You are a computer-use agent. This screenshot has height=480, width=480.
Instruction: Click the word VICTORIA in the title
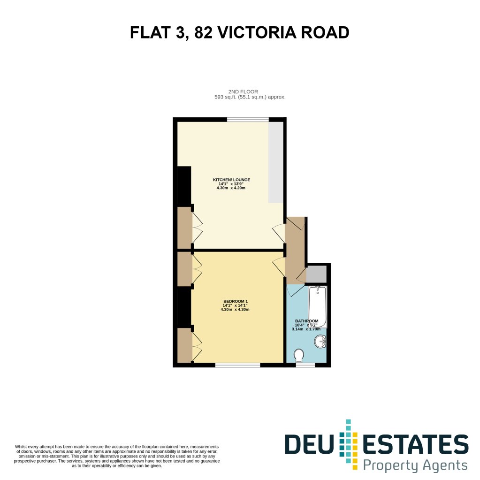point(257,32)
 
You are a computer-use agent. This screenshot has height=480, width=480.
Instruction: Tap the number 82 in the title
point(203,32)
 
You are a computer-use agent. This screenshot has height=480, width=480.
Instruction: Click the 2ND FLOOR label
point(243,91)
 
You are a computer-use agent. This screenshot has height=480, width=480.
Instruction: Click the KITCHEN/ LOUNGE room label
point(231,180)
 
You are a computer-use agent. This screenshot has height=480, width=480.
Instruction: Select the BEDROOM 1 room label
point(236,302)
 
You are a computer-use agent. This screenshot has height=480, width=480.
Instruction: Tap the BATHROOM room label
point(306,321)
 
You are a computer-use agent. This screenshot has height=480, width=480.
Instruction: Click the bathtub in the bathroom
point(318,307)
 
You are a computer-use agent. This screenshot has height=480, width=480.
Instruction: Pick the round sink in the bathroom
point(320,342)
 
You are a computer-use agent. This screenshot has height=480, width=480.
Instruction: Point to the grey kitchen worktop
point(276,162)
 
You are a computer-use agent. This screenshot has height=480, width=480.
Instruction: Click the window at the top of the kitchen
point(248,119)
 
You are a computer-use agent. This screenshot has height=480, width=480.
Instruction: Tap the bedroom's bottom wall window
point(237,365)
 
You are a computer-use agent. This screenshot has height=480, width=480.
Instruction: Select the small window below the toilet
point(305,365)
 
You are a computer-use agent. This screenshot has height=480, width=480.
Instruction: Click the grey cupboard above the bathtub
point(317,274)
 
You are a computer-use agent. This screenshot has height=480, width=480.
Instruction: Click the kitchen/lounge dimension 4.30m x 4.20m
point(231,188)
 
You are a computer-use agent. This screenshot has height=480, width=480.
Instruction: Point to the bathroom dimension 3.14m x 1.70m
point(306,329)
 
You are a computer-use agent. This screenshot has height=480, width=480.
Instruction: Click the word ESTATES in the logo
point(415,444)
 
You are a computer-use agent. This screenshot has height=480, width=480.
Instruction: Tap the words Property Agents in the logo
point(415,465)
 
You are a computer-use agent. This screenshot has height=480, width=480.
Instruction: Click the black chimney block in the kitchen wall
point(184,185)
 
